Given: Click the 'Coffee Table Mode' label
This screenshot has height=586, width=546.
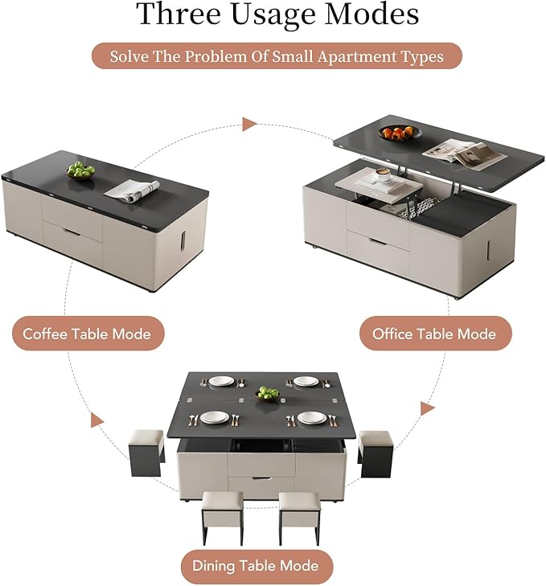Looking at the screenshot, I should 87,334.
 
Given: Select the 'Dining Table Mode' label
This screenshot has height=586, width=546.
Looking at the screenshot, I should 256,566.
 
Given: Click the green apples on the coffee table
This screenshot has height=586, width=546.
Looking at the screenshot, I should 80,170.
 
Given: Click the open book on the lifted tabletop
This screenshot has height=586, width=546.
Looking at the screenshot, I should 454,151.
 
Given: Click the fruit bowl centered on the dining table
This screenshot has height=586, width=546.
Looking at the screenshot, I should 268,394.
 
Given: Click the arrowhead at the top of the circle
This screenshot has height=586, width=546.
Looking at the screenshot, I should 250,125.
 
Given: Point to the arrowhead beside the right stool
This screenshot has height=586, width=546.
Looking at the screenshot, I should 428,408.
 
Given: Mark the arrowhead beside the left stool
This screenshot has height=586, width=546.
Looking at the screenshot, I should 97,420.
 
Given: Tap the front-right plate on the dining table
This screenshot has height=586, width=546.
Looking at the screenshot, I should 312,418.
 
